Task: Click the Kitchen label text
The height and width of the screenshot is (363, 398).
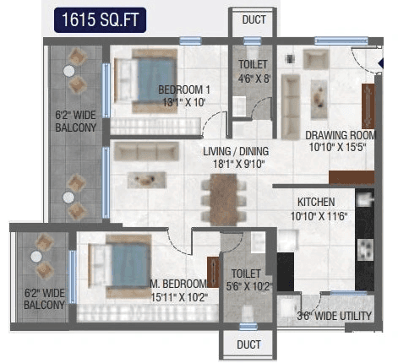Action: point(316,203)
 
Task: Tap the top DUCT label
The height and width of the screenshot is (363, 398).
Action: point(253,19)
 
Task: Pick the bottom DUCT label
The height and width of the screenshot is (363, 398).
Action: point(248,344)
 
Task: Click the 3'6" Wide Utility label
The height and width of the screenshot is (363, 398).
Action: point(334,316)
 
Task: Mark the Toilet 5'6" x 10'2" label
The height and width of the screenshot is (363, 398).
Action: point(246,279)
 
